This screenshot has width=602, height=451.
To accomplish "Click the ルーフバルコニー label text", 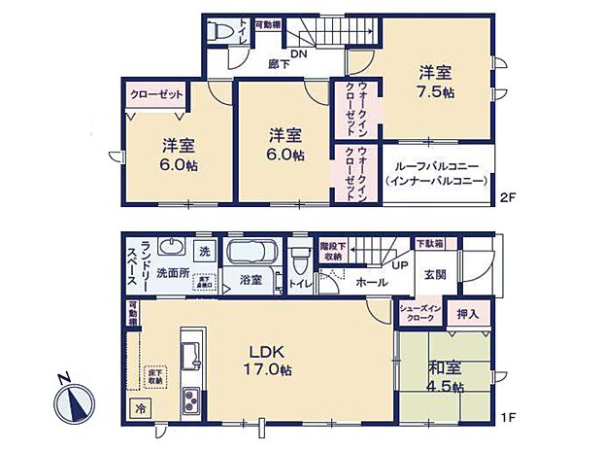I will pos(435,166).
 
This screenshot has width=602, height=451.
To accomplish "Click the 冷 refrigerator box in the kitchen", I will pos(141,409).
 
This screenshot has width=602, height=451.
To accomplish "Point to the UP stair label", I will pos(400,264).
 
